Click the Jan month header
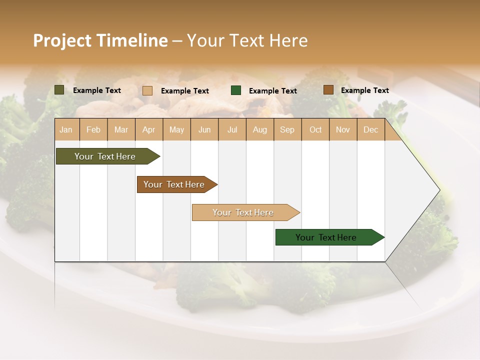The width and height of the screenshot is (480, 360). click(66, 129)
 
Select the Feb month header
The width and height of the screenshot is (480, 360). click(93, 129)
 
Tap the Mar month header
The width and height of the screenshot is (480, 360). click(121, 129)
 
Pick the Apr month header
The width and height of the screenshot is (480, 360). click(149, 129)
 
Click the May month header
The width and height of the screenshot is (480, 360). click(176, 129)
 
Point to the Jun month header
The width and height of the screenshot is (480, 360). click(204, 129)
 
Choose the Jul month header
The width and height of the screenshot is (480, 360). click(232, 129)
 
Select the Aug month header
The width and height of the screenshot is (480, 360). click(260, 129)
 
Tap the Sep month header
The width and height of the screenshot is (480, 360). click(287, 129)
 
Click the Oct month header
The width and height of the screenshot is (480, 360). click(315, 129)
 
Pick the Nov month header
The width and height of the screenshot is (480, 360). click(343, 129)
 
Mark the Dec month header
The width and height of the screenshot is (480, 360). click(370, 129)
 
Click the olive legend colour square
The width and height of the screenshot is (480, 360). click(59, 90)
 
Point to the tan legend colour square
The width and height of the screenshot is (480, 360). click(147, 90)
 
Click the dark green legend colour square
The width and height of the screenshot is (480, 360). click(236, 90)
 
